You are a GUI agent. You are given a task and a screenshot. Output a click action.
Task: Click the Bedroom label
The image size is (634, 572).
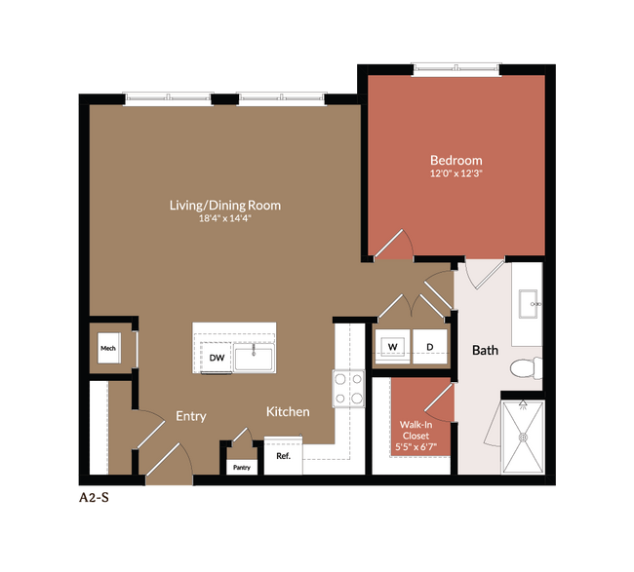coord(456,160)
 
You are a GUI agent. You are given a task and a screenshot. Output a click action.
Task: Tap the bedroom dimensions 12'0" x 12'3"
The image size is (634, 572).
coord(456,173)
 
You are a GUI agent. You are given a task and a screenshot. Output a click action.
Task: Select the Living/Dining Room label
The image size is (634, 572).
coord(225,205)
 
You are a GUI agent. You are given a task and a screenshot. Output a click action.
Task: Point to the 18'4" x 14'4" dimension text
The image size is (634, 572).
coord(225,218)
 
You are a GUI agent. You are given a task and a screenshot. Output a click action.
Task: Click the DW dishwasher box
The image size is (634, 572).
coord(217,358)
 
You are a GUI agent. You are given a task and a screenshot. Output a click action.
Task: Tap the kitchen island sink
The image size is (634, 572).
coord(253,357)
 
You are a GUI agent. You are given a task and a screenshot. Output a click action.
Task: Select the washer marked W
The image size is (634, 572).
coord(393,346)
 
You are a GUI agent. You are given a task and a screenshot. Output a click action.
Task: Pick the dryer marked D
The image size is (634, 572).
coord(428,346)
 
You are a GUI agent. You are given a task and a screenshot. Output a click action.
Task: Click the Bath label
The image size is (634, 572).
coord(485,350)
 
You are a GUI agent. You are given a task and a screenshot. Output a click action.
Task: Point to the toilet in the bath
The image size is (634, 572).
coord(524,368)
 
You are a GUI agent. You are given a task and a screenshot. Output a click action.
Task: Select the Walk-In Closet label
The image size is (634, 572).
coord(417,431)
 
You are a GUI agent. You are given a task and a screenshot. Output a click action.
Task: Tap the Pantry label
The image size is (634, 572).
coord(241,468)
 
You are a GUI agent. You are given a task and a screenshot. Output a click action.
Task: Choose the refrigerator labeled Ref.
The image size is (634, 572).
coord(283,456)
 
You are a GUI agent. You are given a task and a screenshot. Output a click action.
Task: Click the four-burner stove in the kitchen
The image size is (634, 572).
coord(349,389)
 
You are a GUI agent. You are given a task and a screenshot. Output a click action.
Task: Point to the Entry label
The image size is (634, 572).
coord(190,416)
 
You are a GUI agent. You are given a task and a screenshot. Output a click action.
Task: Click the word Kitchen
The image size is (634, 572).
coord(288,411)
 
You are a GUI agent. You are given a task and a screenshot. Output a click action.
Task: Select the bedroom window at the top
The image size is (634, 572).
coord(456,68)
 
